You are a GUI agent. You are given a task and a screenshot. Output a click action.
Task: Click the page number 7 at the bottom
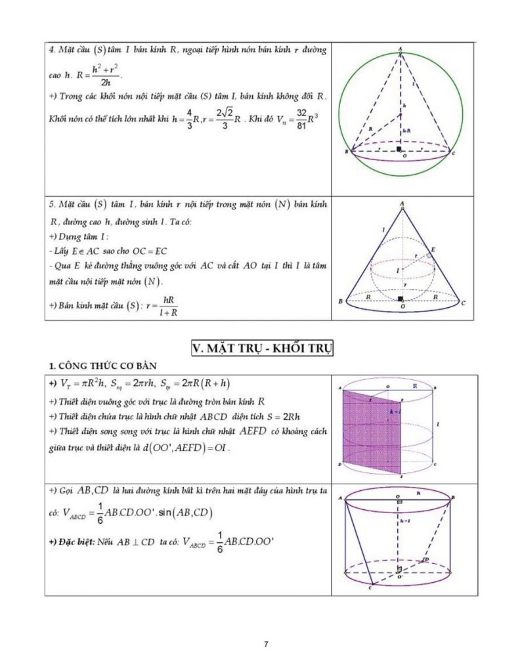point(265,644)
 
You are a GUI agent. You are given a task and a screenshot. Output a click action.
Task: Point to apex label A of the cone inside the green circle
point(400,49)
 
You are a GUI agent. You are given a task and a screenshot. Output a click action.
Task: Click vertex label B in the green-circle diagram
point(345,152)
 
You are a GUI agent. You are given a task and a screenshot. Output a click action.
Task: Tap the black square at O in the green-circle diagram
point(399,150)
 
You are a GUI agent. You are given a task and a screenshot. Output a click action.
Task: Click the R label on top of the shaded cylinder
point(416,387)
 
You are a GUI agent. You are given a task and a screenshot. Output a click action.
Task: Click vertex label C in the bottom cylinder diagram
point(371,587)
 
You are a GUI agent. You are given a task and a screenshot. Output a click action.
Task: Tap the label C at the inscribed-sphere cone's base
point(463,303)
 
